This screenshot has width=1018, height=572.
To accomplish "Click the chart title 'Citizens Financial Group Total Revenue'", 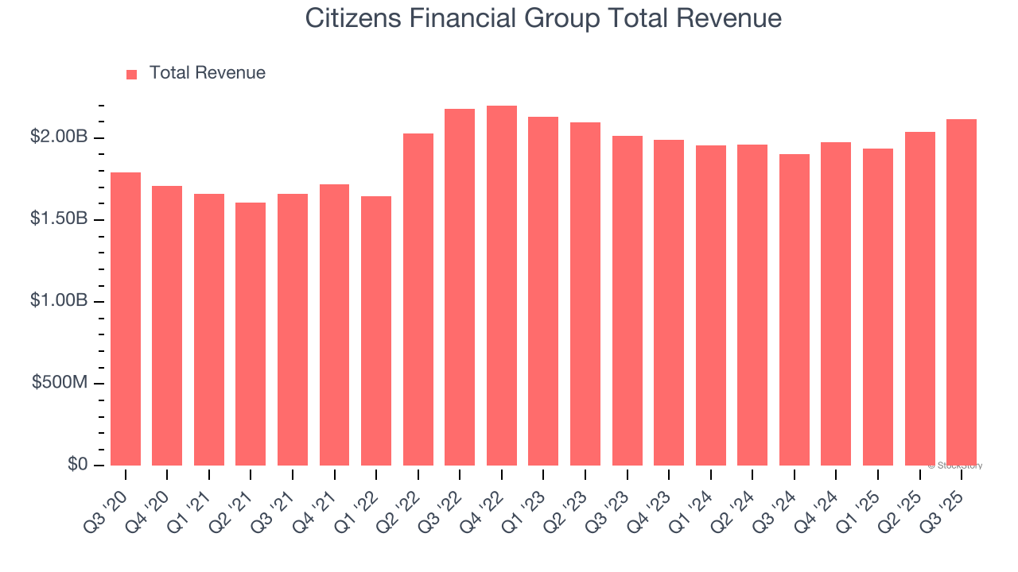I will [x=543, y=18].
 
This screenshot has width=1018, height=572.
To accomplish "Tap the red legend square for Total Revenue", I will [x=132, y=74].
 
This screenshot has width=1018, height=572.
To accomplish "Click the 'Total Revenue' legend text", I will [x=207, y=73].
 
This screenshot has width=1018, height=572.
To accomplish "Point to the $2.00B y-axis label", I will [x=59, y=137].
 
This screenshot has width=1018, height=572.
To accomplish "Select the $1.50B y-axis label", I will [x=59, y=218].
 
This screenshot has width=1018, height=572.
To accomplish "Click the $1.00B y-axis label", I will [x=59, y=300].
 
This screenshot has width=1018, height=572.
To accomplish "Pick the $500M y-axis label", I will [x=60, y=382].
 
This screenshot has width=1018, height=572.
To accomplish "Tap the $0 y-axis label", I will [x=77, y=464].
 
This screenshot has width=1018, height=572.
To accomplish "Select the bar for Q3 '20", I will [x=126, y=318].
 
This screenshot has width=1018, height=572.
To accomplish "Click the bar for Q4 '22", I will [x=502, y=286].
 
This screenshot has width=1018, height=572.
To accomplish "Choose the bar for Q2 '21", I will [x=251, y=334].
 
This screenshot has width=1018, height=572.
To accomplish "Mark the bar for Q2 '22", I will [x=418, y=300].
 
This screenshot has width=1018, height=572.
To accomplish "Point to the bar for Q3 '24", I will [x=795, y=310].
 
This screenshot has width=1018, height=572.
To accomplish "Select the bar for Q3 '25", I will [x=962, y=292].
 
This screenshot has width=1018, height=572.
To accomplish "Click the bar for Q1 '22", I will [x=376, y=330].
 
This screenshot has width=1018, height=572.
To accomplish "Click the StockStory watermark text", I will [x=955, y=466].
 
